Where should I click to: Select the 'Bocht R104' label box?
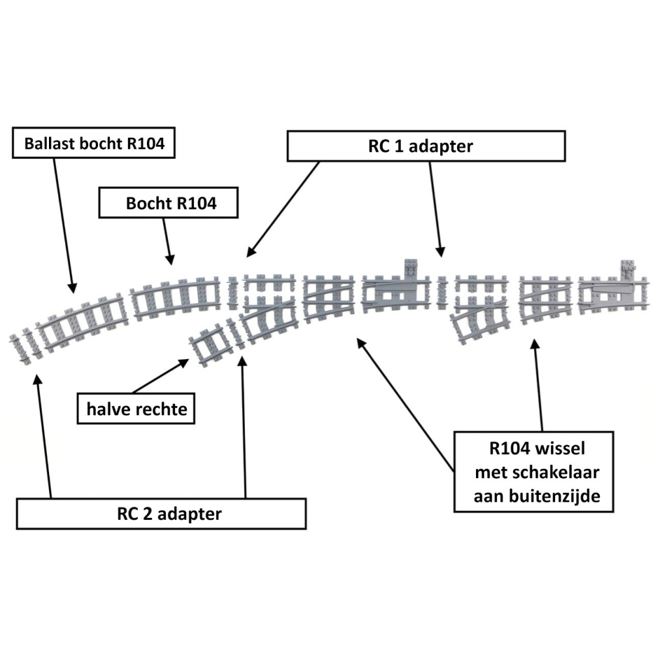point(168,203)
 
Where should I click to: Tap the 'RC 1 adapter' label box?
point(426,146)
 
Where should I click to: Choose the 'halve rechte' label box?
point(136,409)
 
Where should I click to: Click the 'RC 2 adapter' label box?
point(161,513)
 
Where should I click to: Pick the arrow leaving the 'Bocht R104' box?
point(167,240)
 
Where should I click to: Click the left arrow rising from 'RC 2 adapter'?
point(44,438)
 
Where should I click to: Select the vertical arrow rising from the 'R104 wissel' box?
point(538,385)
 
